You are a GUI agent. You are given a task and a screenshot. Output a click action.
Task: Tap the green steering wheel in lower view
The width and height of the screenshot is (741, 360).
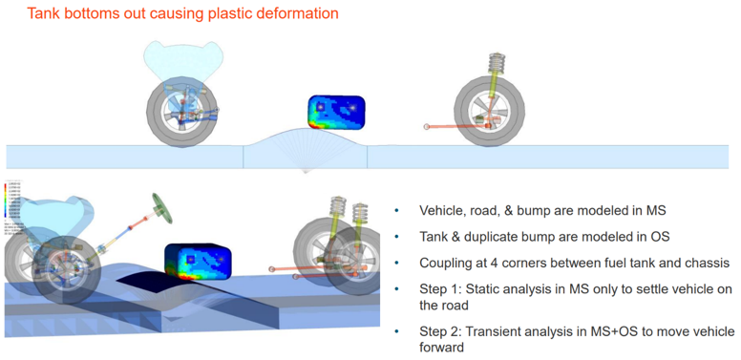point(157,207)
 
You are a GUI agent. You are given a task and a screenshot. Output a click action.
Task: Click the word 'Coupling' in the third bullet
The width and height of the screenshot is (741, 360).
point(448,262)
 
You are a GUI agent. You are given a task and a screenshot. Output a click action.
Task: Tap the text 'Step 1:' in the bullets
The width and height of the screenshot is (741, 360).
point(440,287)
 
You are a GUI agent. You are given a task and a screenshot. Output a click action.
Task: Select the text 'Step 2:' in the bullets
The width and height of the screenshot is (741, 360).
point(440,331)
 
